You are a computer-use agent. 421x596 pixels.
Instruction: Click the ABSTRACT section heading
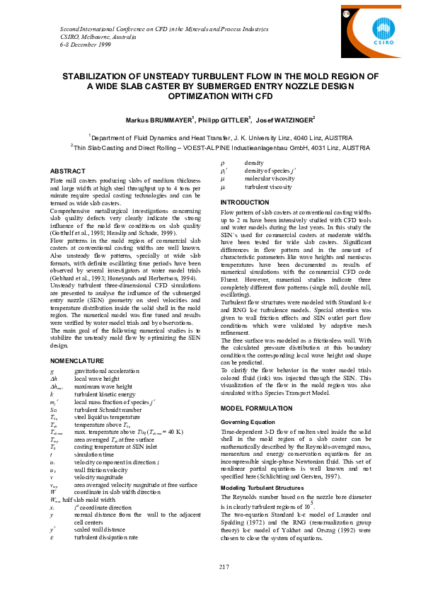point(67,171)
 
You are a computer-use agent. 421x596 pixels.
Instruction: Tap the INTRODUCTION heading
point(245,202)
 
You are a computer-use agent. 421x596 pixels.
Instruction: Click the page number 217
point(225,566)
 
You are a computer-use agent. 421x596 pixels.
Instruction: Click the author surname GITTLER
point(234,119)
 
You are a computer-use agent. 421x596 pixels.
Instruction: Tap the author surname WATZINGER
point(292,119)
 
